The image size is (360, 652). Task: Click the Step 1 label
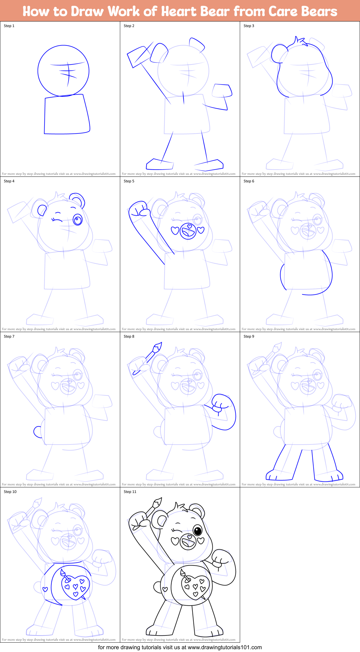[x=9, y=26]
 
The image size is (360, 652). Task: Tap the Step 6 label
[x=249, y=181]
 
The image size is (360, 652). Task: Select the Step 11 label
[x=130, y=492]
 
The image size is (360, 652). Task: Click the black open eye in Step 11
[x=197, y=530]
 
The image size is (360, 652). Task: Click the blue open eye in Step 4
[x=78, y=220]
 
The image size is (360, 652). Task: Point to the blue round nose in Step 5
[x=188, y=231]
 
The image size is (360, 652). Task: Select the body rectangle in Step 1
[x=67, y=115]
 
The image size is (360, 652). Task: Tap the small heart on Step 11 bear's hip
[x=165, y=589]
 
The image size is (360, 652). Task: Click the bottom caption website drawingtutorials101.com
[x=225, y=647]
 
